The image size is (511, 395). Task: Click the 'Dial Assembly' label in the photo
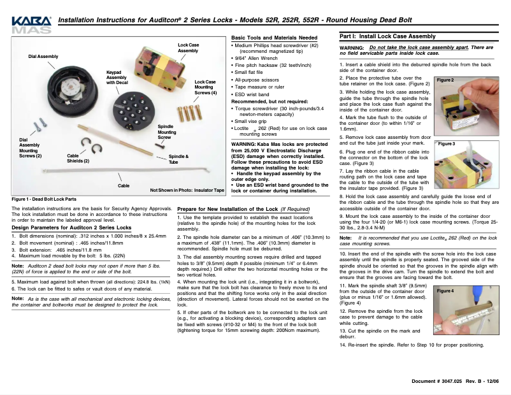[43, 57]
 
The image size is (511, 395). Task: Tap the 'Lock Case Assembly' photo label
[188, 48]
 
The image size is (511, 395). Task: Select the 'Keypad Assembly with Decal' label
[116, 77]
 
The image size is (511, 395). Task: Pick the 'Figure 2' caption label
[445, 80]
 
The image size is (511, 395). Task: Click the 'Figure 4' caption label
[445, 291]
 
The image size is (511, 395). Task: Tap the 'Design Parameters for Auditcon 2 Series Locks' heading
[71, 227]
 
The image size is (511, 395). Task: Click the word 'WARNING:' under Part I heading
[352, 48]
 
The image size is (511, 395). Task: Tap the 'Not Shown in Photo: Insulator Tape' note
[187, 190]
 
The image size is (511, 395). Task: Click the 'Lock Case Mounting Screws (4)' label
[205, 87]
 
